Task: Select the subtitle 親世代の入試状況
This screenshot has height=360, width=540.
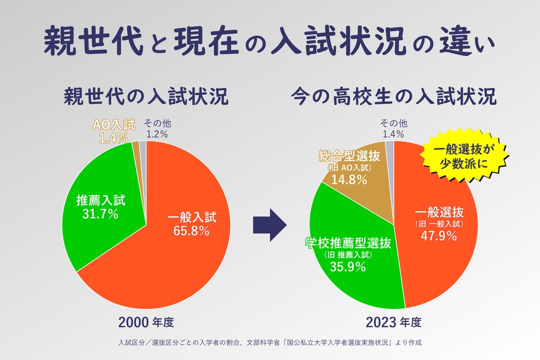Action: click(146, 96)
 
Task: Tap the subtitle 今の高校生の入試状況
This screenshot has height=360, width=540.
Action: click(394, 96)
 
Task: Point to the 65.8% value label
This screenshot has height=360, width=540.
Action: click(191, 231)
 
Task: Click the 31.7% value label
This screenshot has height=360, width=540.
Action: click(101, 214)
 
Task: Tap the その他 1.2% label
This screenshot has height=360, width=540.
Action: click(157, 129)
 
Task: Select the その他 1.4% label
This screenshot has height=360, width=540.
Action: click(394, 129)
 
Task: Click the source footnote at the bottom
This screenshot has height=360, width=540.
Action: click(270, 343)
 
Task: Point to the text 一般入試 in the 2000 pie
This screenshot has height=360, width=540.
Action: click(191, 218)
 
